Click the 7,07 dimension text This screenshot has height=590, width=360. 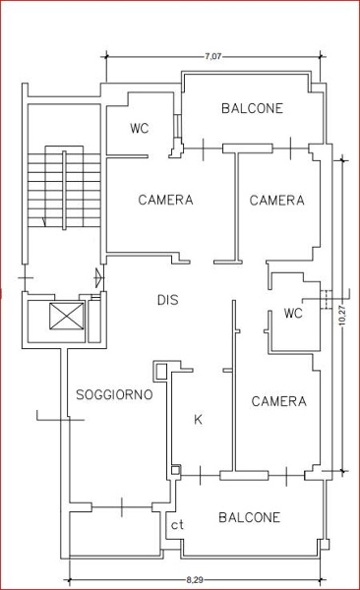click(212, 57)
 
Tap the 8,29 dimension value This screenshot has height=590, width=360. click(195, 580)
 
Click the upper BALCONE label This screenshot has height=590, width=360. click(252, 108)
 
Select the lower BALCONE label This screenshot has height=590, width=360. click(249, 517)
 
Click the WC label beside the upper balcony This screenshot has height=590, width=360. click(140, 128)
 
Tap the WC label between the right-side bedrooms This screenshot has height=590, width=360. click(293, 313)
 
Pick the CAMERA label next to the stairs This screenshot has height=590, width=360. click(165, 200)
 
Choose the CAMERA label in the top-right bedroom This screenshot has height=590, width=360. click(276, 201)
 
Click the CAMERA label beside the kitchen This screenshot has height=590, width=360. click(279, 401)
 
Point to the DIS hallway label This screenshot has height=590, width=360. click(167, 300)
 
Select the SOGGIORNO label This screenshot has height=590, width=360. click(114, 394)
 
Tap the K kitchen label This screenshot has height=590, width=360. click(198, 420)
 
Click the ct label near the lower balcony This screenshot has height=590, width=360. click(177, 525)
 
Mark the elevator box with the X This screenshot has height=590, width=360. click(67, 317)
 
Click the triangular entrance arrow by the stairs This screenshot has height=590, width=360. click(98, 277)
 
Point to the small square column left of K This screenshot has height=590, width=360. click(161, 372)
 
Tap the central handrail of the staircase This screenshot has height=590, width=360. click(64, 190)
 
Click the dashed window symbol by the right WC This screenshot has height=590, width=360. click(327, 300)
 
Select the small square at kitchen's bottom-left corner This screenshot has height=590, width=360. click(176, 470)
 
